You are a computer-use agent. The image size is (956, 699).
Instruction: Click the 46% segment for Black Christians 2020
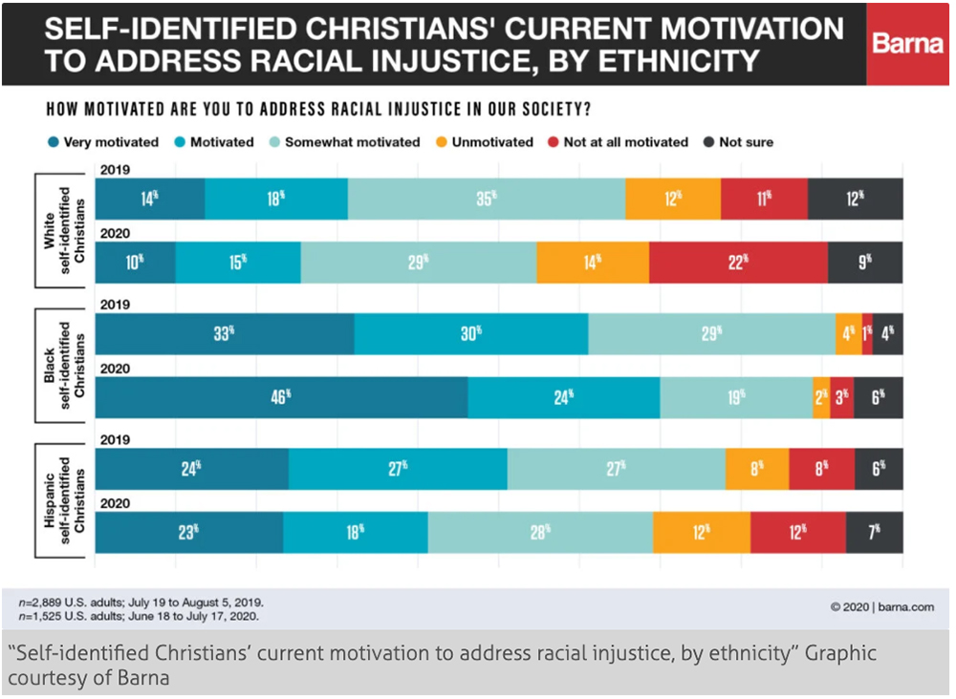pyautogui.click(x=282, y=397)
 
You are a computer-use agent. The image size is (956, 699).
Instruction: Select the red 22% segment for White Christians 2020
pyautogui.click(x=738, y=262)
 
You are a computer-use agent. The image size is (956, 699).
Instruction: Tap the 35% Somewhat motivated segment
pyautogui.click(x=487, y=199)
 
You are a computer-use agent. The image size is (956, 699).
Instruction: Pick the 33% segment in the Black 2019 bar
pyautogui.click(x=225, y=334)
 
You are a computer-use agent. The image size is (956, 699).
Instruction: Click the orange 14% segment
pyautogui.click(x=592, y=262)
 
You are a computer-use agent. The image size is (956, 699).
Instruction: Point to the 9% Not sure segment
pyautogui.click(x=865, y=262)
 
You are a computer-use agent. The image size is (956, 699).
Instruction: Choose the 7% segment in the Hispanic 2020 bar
pyautogui.click(x=874, y=532)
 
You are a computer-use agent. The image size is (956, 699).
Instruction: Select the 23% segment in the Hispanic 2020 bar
pyautogui.click(x=189, y=532)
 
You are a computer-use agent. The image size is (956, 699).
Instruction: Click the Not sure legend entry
pyautogui.click(x=737, y=142)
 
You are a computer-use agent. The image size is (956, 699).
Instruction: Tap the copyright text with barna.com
pyautogui.click(x=881, y=605)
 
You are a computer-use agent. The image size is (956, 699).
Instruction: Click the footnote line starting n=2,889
pyautogui.click(x=141, y=603)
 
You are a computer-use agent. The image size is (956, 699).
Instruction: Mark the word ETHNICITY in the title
pyautogui.click(x=655, y=61)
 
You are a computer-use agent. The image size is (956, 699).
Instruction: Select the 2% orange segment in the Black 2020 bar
pyautogui.click(x=821, y=397)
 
